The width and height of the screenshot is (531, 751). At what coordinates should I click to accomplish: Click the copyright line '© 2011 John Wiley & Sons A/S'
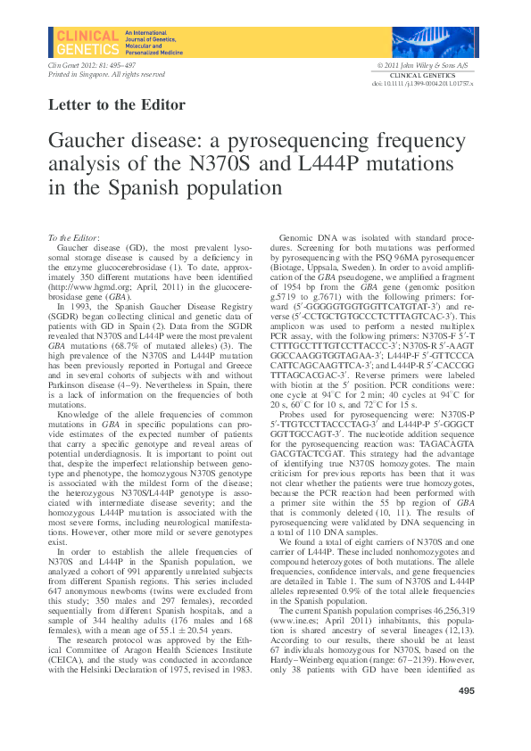(x=426, y=66)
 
